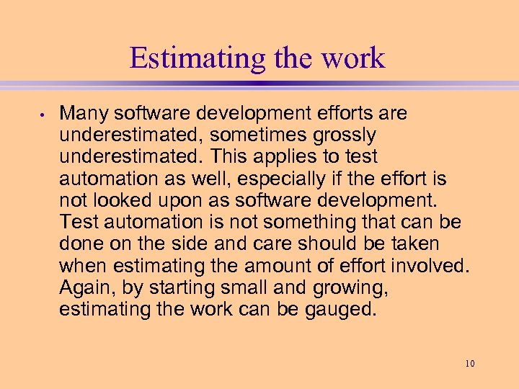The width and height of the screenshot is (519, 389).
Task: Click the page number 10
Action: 470,364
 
